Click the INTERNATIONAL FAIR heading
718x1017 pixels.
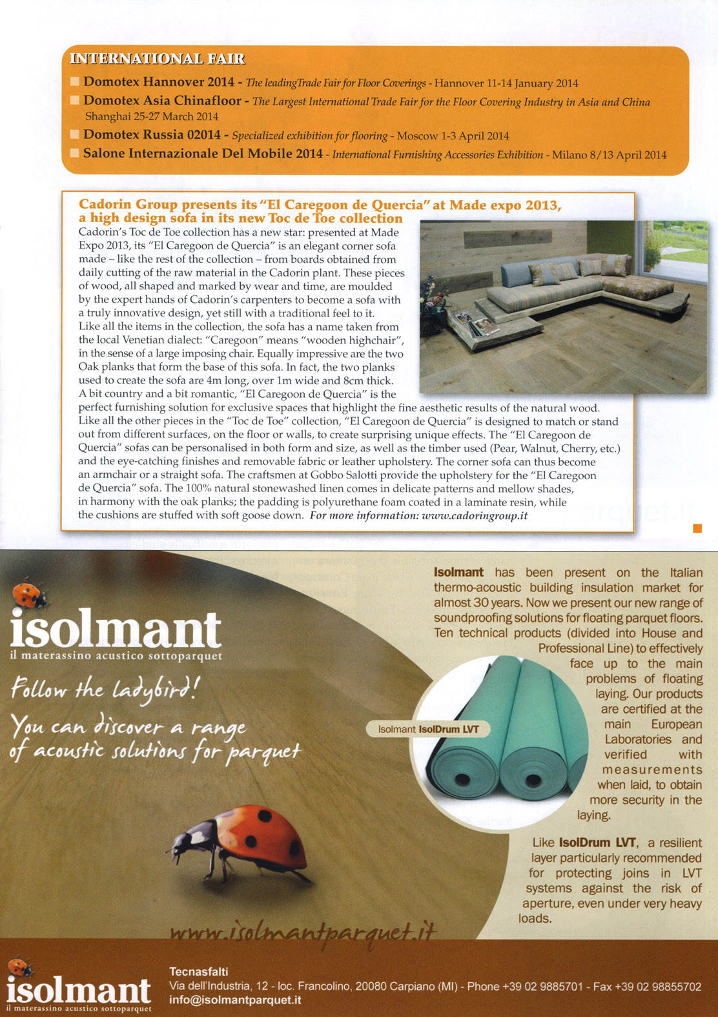click(157, 59)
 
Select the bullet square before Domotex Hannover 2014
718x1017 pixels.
click(75, 81)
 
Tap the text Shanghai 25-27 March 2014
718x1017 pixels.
click(152, 117)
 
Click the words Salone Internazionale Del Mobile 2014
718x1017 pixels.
click(203, 154)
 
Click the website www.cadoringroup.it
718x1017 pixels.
click(475, 515)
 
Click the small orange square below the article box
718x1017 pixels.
click(697, 529)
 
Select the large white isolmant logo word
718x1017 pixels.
click(116, 630)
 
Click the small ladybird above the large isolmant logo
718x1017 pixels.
click(29, 595)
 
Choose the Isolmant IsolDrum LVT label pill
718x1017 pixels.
click(428, 729)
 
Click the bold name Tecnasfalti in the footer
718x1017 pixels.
click(198, 971)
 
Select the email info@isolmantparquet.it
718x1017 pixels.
click(235, 1000)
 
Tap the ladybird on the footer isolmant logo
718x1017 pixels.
click(19, 967)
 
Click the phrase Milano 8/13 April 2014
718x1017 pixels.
click(609, 155)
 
